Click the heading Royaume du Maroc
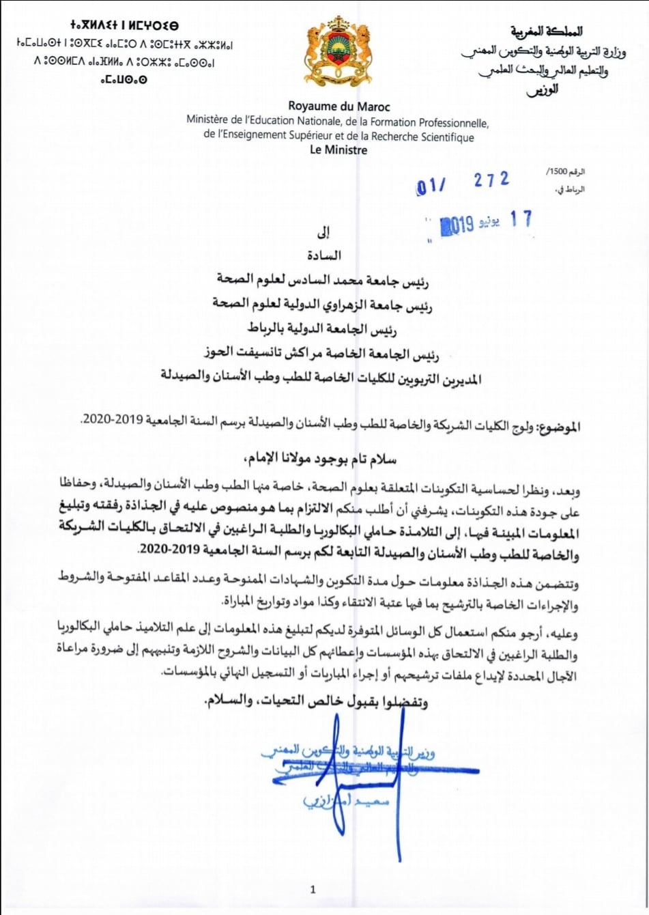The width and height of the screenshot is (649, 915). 339,107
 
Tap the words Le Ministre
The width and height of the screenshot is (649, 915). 338,150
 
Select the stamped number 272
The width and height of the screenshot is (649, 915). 491,180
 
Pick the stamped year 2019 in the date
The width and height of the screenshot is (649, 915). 457,225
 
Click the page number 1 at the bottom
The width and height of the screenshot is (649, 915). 313,889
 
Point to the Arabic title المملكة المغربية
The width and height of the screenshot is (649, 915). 547,31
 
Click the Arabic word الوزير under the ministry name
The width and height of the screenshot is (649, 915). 542,89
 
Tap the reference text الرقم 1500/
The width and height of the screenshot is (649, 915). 566,172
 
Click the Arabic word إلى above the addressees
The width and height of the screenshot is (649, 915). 324,233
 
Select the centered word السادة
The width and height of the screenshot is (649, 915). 324,255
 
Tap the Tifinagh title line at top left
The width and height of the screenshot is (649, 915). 124,26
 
